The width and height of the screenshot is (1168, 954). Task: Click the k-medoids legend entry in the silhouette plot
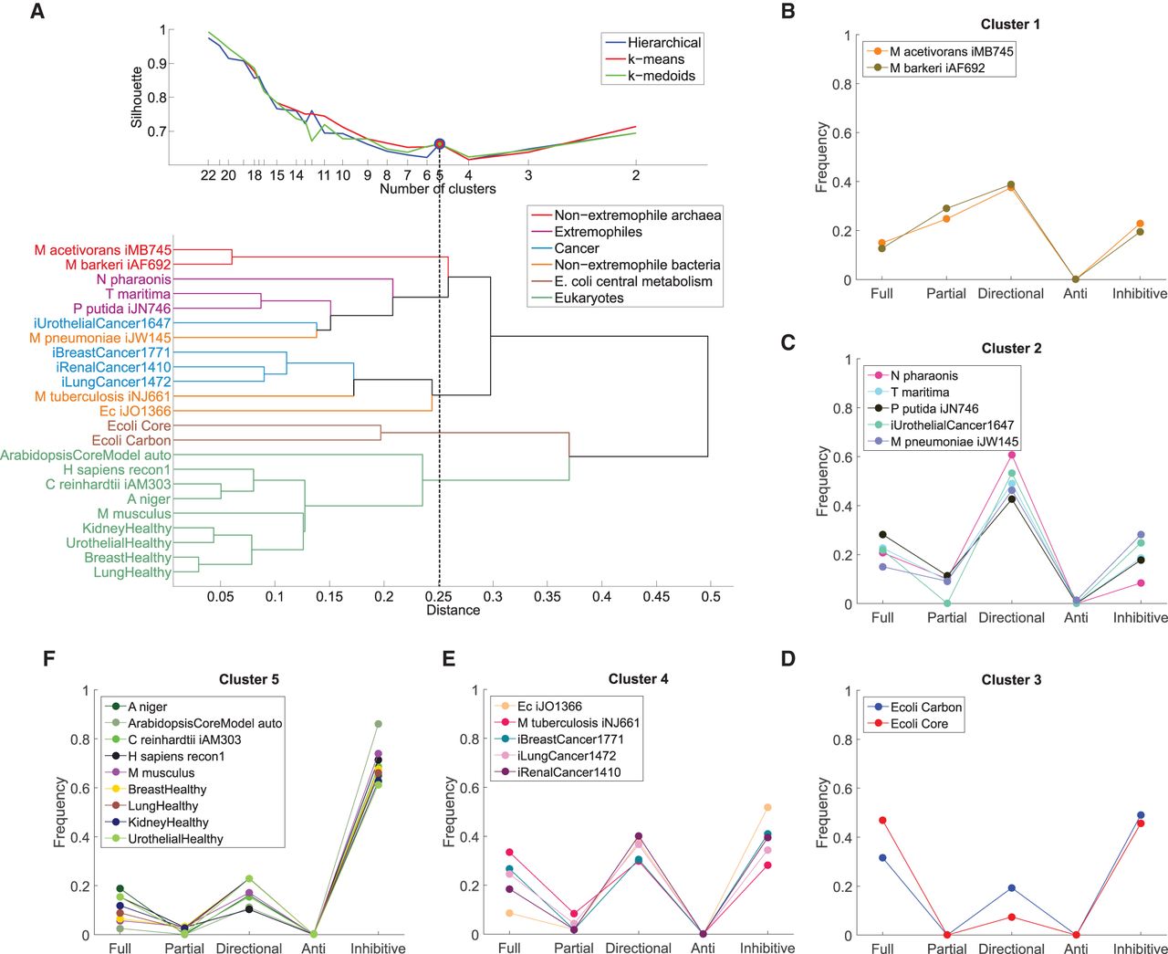[661, 76]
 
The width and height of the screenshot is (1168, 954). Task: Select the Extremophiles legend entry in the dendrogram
[598, 232]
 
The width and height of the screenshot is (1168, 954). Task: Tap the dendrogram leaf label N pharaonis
[133, 279]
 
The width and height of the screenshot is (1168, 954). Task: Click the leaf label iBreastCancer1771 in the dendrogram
[111, 352]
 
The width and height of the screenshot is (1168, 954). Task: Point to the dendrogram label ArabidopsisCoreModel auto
[86, 455]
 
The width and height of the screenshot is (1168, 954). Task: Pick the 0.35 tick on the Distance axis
[547, 596]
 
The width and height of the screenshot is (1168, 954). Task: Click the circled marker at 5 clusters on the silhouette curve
[440, 144]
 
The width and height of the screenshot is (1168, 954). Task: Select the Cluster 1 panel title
[1010, 25]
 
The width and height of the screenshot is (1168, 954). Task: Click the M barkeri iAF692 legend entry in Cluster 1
[937, 68]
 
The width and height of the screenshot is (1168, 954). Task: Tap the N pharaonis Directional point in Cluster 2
[1011, 455]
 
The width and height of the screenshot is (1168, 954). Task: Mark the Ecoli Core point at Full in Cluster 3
[882, 821]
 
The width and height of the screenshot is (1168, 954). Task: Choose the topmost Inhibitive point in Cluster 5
[378, 724]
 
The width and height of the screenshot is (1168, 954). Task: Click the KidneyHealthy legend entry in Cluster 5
[168, 822]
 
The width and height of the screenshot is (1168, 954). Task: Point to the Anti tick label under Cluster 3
[1076, 949]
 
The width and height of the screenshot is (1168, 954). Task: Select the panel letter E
[448, 658]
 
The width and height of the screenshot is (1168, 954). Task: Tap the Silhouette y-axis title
[137, 97]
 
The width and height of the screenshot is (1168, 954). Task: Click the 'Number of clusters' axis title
[438, 189]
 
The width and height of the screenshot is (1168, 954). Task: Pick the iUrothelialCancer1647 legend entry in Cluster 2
[952, 425]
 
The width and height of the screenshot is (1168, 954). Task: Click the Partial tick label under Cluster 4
[574, 949]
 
